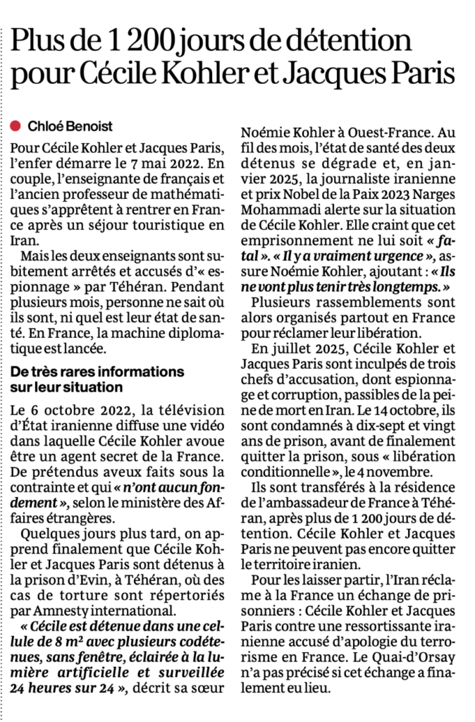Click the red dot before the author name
pos(17,126)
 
